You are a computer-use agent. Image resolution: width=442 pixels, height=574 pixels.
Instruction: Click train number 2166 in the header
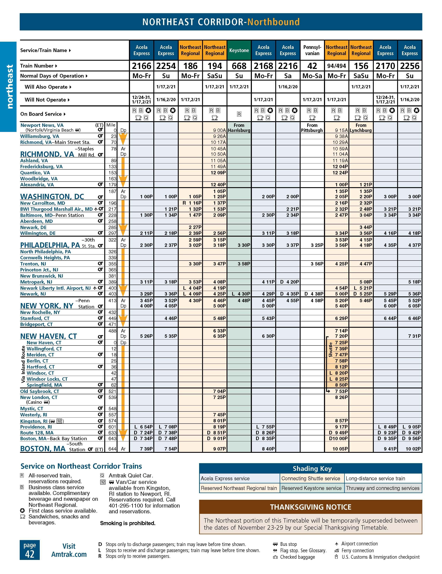click(141, 66)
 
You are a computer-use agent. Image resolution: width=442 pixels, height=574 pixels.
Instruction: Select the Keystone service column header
click(239, 50)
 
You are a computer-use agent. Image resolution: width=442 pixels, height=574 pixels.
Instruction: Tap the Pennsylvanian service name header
click(312, 50)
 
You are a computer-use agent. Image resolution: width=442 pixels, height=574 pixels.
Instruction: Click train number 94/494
click(337, 66)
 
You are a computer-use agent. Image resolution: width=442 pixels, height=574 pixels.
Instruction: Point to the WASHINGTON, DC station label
click(52, 197)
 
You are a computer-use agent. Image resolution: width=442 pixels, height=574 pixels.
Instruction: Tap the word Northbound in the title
click(273, 22)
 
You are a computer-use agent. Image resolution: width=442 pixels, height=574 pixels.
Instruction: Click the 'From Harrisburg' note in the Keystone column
click(239, 128)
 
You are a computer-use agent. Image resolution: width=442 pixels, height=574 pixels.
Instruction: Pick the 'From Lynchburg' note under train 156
click(361, 128)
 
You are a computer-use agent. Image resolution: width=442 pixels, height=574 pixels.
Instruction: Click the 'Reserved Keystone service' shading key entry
click(311, 488)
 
